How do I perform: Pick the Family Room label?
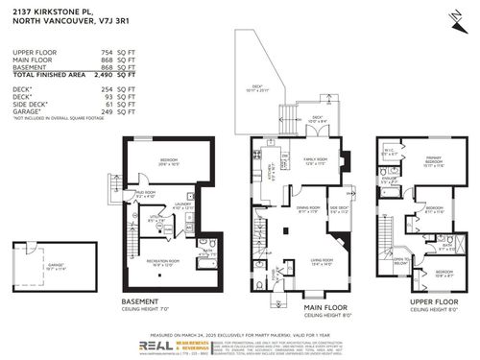tap(304, 161)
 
